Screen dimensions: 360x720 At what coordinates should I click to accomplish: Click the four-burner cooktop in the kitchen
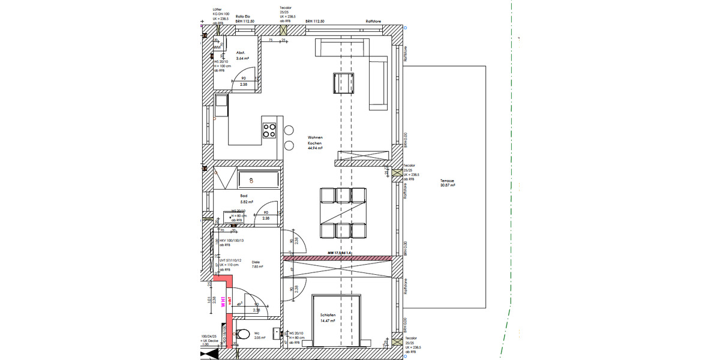coord(269,130)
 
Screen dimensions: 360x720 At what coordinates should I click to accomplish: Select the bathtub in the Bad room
coord(258,179)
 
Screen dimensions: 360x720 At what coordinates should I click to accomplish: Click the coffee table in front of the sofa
coord(343,83)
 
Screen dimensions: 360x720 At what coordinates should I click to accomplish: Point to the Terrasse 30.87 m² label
coord(448,183)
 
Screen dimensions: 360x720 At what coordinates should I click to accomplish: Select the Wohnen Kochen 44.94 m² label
coord(315,144)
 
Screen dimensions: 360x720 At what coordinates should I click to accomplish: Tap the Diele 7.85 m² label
coord(257,265)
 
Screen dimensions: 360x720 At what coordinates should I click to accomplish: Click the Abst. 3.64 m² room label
coord(242,56)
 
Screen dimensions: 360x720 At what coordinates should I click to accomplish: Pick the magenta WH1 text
coord(223,302)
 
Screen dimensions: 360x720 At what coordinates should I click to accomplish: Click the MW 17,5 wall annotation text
coord(339,253)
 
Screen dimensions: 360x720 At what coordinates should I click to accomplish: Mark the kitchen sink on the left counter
coord(221,106)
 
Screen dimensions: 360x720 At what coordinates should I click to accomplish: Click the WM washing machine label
coord(217,47)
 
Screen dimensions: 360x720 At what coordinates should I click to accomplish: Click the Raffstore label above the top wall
coord(374,21)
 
